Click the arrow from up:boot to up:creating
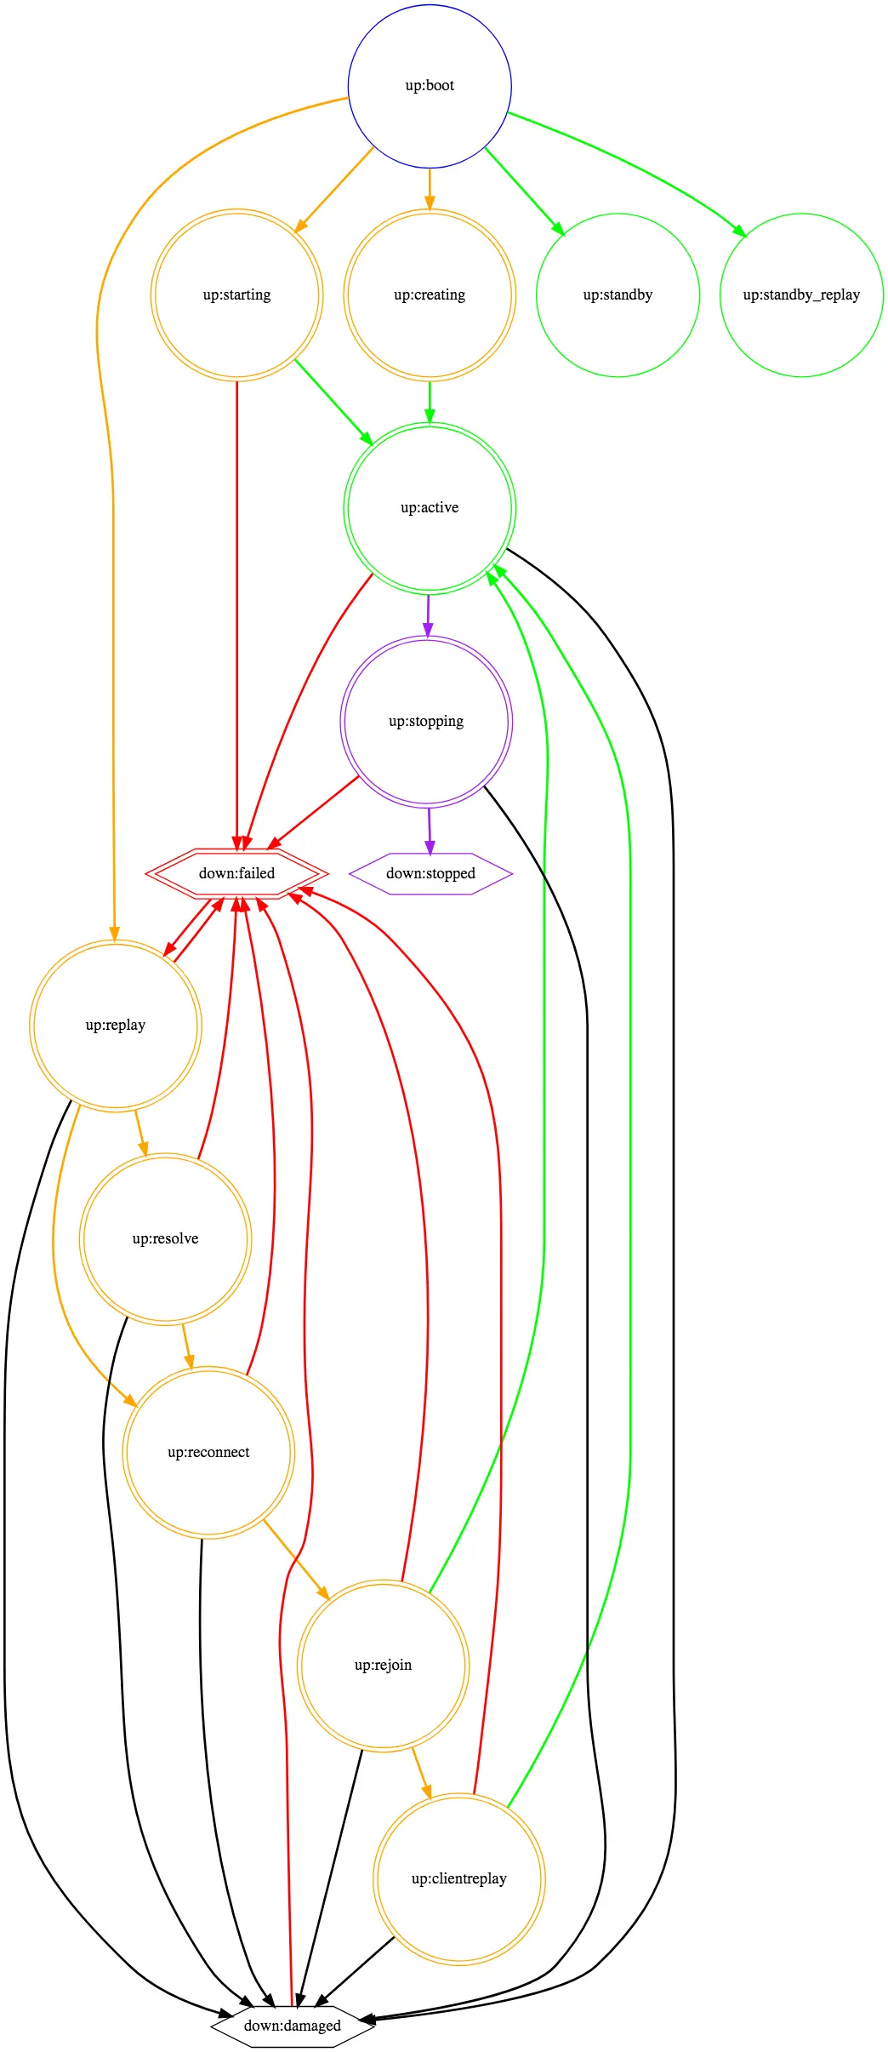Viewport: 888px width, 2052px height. pyautogui.click(x=430, y=189)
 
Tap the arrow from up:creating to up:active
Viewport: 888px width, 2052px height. pyautogui.click(x=430, y=403)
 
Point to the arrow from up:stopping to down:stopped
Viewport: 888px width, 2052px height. pyautogui.click(x=430, y=832)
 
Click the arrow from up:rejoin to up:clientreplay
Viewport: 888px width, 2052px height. pyautogui.click(x=422, y=1774)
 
